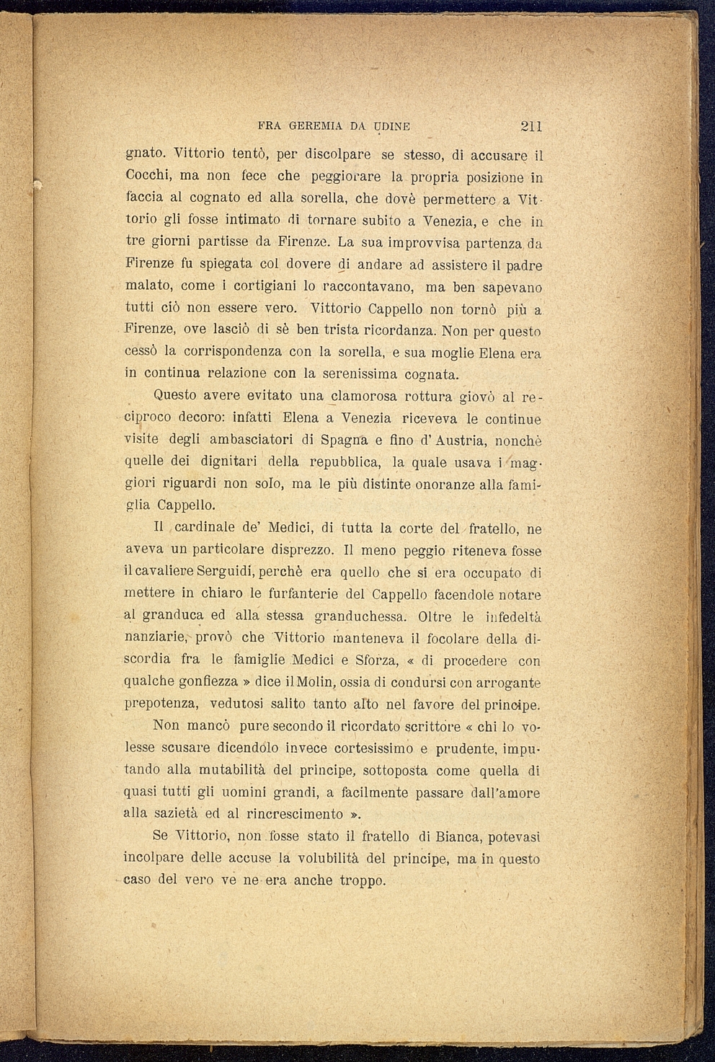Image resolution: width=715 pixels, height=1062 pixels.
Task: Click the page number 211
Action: [x=530, y=126]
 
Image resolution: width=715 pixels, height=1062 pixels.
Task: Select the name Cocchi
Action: [x=149, y=175]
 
